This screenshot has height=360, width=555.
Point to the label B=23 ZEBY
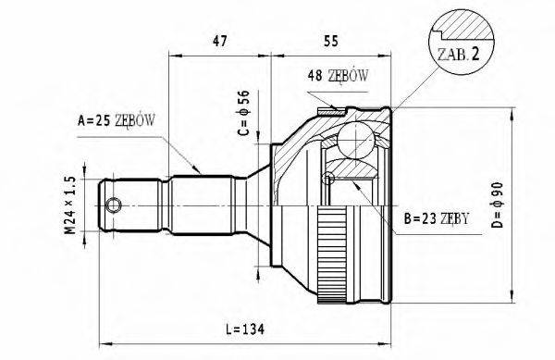[438, 219]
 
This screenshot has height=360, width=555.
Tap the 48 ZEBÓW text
[338, 79]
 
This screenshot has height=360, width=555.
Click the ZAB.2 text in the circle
[454, 55]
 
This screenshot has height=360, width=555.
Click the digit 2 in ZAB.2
[475, 55]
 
